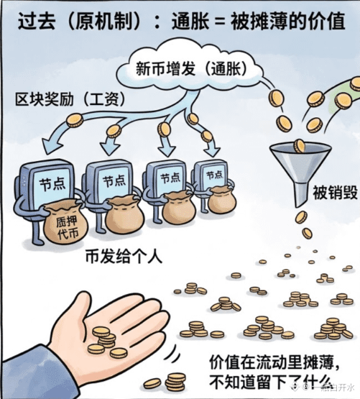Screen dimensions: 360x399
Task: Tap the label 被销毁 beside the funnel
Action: [335, 193]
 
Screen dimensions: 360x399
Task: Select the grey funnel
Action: [300, 173]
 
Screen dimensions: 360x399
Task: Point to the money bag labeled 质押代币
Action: [65, 223]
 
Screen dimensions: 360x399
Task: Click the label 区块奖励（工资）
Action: [70, 99]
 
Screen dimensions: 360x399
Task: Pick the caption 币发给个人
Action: [124, 257]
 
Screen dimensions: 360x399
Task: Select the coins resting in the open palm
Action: [106, 342]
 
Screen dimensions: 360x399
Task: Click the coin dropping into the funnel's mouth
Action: [300, 146]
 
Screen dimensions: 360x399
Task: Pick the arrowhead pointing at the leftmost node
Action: [52, 145]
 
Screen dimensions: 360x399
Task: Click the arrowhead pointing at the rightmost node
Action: [212, 152]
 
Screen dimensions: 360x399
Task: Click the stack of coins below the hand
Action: [175, 382]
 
